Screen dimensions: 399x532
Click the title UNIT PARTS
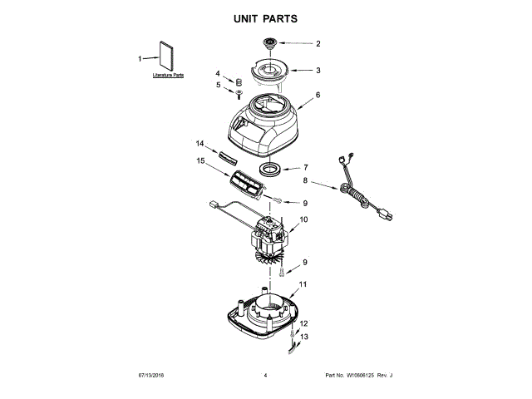[265, 17]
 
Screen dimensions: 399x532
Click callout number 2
[317, 43]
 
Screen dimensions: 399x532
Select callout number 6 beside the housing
[317, 96]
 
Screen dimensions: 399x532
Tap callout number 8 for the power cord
[304, 180]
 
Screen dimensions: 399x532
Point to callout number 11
[303, 284]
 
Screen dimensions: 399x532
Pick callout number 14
[199, 143]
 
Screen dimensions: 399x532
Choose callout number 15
[199, 160]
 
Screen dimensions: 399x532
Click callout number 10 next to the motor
[303, 219]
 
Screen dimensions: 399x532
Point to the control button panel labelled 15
[247, 184]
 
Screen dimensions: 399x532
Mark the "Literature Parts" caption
[168, 76]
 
